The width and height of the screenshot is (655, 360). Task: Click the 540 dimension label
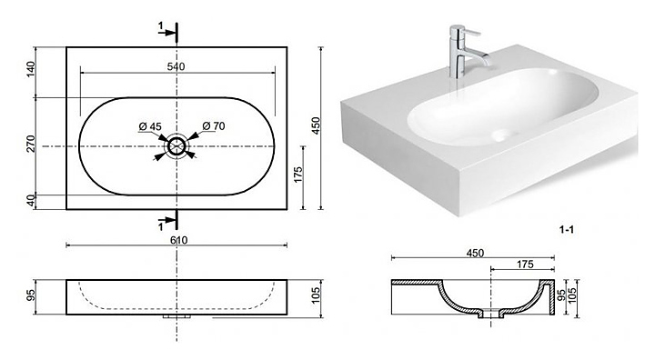coord(176,66)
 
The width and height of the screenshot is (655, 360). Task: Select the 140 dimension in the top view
coord(31,69)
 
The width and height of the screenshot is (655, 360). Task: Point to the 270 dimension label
coord(31,144)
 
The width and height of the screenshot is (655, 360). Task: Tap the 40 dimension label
coord(31,201)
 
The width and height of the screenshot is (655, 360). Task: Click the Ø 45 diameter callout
coord(150,126)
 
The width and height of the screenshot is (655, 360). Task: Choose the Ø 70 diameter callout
coord(214,125)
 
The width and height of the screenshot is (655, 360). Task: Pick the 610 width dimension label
coord(178,240)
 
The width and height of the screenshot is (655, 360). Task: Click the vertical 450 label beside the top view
coord(317,125)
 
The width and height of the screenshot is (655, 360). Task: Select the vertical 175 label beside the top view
coord(297,175)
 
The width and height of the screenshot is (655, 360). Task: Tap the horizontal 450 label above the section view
coord(475,253)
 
